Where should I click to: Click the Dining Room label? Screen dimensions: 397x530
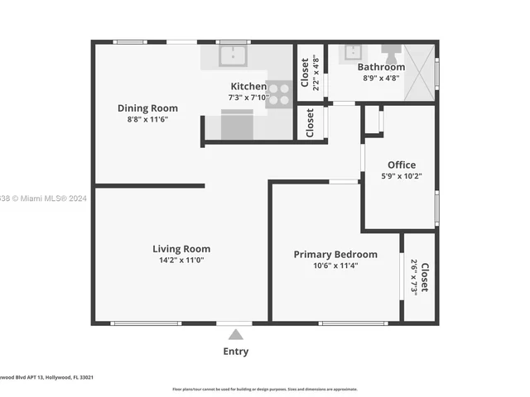click(147, 108)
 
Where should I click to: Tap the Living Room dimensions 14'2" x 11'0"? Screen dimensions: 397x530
click(181, 261)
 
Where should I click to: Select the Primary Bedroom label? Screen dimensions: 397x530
click(335, 255)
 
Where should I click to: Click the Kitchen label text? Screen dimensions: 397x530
click(248, 87)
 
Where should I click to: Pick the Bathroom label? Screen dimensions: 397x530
click(381, 67)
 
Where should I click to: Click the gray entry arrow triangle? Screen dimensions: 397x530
click(236, 334)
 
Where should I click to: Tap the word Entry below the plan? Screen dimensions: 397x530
click(236, 352)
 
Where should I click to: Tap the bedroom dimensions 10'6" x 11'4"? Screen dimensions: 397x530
click(335, 266)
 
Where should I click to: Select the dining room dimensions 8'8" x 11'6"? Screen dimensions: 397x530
click(147, 120)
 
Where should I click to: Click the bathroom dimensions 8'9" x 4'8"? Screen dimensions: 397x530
click(381, 79)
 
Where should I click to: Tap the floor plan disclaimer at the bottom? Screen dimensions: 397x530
click(265, 389)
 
